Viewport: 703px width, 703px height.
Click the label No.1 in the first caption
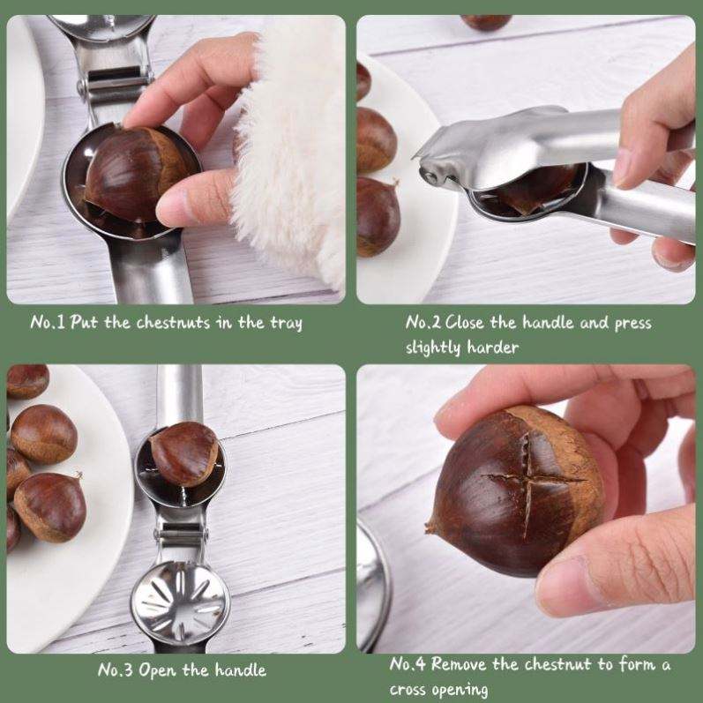pyautogui.click(x=48, y=322)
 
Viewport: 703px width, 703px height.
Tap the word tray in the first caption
pyautogui.click(x=286, y=324)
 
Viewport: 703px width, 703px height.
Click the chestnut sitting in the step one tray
pyautogui.click(x=134, y=174)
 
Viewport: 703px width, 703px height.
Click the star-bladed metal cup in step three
pyautogui.click(x=180, y=603)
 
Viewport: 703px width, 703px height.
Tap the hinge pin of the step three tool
pyautogui.click(x=181, y=535)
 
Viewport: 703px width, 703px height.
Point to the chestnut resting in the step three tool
pyautogui.click(x=184, y=453)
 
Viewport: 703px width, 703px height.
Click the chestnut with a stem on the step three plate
pyautogui.click(x=49, y=506)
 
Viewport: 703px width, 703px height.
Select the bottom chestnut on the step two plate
pyautogui.click(x=378, y=217)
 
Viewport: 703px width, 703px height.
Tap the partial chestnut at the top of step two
pyautogui.click(x=485, y=22)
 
